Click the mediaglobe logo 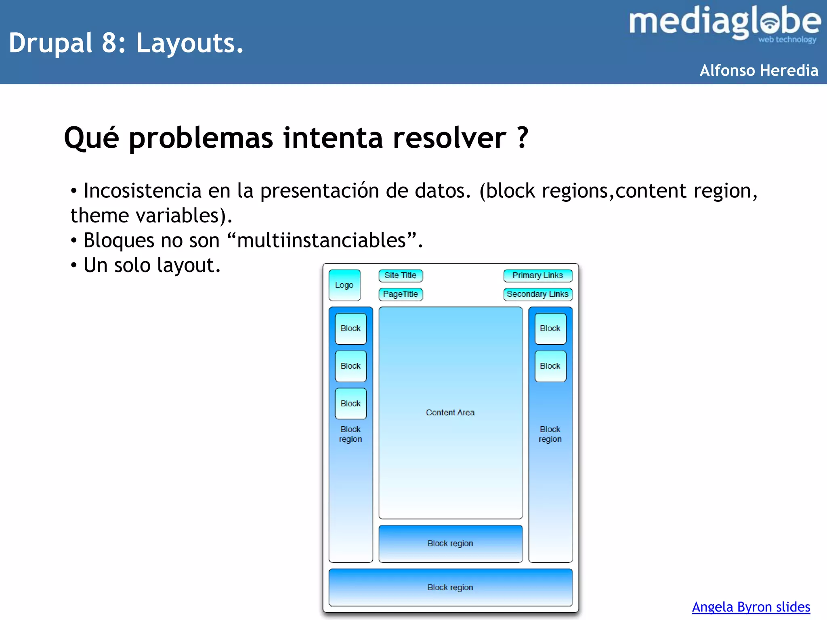pos(724,23)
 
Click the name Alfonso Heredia pos(759,71)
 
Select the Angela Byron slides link pos(751,607)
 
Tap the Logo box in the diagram pos(344,285)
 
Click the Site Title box pos(400,275)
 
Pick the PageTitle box pos(400,294)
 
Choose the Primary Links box pos(537,275)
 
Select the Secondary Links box pos(537,294)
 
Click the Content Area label pos(450,413)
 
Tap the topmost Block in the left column pos(351,329)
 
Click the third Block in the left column pos(351,404)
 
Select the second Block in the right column pos(550,366)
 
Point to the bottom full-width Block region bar pos(450,587)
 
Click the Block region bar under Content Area pos(450,543)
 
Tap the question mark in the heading pos(523,138)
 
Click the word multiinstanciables pos(321,241)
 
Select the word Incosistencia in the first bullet pos(142,191)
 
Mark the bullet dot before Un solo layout pos(73,266)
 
